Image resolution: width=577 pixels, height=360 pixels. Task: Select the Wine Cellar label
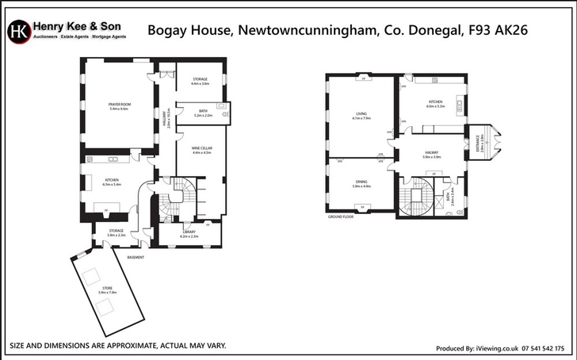201,150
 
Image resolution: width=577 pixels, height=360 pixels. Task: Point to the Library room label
188,234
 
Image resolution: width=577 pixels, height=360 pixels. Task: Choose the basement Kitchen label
112,182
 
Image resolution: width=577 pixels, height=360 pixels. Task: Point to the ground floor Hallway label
431,155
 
